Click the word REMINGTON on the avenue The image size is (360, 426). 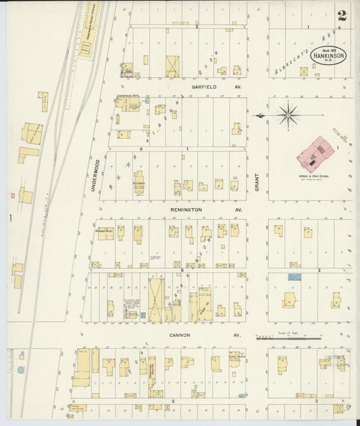(187, 210)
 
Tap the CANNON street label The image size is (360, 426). (180, 335)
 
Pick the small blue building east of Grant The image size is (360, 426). (294, 277)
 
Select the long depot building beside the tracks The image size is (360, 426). (88, 48)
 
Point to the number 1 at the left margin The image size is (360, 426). (9, 217)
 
